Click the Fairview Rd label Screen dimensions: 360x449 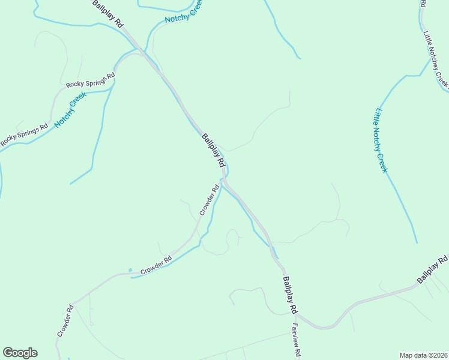pos(295,340)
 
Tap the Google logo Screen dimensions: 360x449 pos(20,353)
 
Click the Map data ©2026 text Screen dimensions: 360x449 pos(423,355)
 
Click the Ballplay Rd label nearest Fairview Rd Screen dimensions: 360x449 pos(291,295)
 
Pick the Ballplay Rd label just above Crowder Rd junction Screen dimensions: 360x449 pos(214,150)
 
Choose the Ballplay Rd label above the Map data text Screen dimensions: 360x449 pos(433,270)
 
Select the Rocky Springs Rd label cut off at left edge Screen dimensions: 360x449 pos(23,136)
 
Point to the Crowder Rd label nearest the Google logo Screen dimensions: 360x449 pos(65,321)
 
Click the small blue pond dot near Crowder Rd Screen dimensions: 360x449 pos(130,269)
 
